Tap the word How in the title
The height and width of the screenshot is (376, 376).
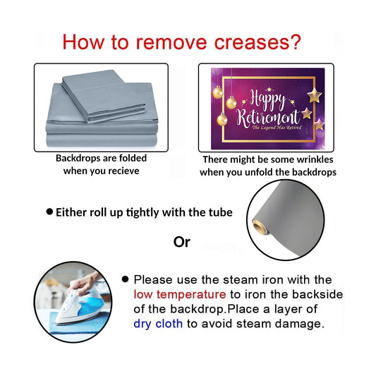point(83,42)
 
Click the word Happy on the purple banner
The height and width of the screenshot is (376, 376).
point(267,99)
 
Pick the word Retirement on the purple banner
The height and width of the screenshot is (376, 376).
point(268,118)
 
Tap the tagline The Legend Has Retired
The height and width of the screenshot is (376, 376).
point(277,128)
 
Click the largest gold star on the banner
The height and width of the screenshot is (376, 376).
point(315,95)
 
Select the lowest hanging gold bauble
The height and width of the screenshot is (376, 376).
point(222,119)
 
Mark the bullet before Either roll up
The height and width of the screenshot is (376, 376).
point(49,212)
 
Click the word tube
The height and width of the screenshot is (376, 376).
point(222,212)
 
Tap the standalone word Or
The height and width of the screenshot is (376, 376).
point(182,242)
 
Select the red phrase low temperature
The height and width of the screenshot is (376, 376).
point(180,294)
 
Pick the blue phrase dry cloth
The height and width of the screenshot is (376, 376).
point(158,324)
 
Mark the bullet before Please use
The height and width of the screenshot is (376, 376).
point(125,279)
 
